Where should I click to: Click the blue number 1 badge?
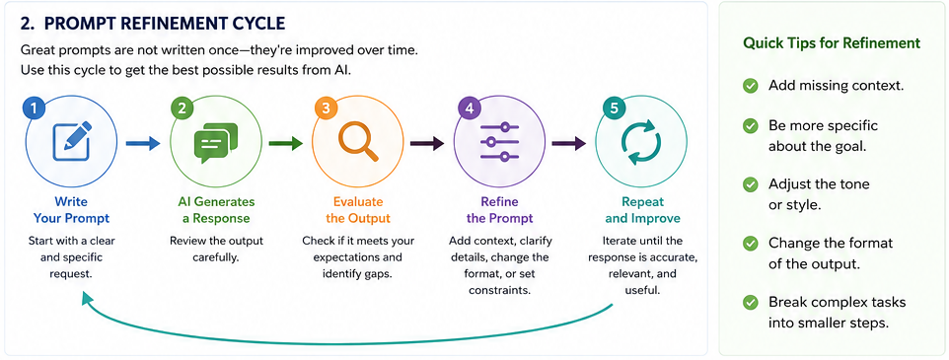click(x=34, y=108)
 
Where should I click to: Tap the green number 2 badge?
click(x=182, y=108)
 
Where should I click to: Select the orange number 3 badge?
click(x=326, y=108)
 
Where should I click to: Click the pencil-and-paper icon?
click(x=72, y=142)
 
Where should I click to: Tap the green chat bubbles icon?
click(x=215, y=143)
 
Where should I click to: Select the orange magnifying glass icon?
click(x=358, y=142)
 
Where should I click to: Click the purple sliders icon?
click(x=499, y=142)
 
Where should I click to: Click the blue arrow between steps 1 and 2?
click(x=143, y=143)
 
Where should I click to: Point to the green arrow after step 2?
click(x=285, y=143)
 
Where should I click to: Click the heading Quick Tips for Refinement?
click(x=832, y=43)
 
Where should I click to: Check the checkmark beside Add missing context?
click(x=751, y=86)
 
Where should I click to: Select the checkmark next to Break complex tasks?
click(x=751, y=302)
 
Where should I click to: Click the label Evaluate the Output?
click(x=358, y=210)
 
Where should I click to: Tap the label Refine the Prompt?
click(x=500, y=210)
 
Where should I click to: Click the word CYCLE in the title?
click(x=257, y=24)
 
